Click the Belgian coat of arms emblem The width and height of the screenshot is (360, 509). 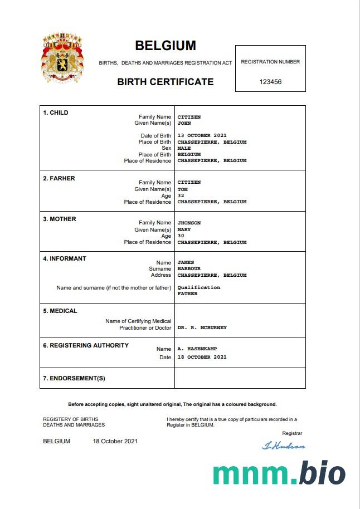click(62, 57)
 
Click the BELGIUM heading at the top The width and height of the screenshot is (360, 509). click(166, 46)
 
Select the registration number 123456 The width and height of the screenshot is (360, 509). click(270, 82)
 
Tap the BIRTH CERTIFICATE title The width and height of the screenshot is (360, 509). click(166, 82)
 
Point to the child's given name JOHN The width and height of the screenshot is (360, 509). click(184, 123)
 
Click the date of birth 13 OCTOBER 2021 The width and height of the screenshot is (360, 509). click(202, 136)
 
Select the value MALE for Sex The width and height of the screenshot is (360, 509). click(184, 148)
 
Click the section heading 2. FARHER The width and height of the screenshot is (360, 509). click(59, 178)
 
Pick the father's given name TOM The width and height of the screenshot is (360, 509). click(182, 189)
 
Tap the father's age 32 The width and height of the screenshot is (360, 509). click(181, 195)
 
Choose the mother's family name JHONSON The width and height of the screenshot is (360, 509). click(189, 223)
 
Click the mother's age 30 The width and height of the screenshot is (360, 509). click(181, 236)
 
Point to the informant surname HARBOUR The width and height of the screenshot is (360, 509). click(189, 269)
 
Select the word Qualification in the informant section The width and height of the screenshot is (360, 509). click(198, 287)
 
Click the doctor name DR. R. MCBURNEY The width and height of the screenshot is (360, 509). click(202, 328)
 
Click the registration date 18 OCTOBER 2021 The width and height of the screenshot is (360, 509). click(202, 357)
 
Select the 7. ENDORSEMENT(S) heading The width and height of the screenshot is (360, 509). click(74, 379)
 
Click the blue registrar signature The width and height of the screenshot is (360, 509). click(284, 446)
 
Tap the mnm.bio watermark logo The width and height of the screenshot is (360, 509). click(279, 473)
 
